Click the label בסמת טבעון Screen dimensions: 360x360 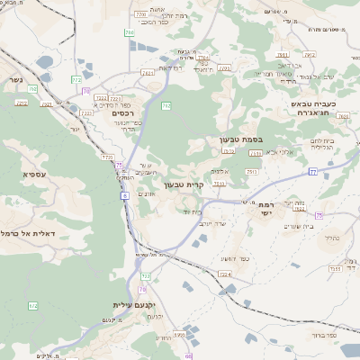point(239,141)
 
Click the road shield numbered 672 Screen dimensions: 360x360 point(33,306)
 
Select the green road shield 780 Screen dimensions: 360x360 point(166,106)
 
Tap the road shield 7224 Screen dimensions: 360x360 point(224,273)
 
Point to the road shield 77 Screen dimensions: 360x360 point(313,170)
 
